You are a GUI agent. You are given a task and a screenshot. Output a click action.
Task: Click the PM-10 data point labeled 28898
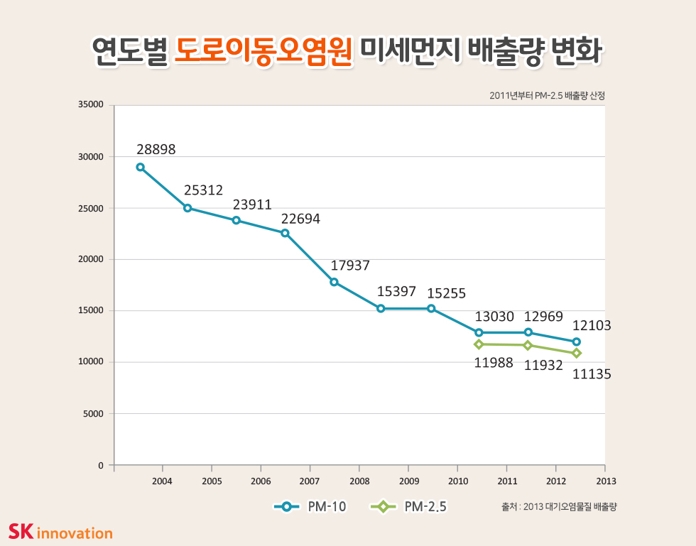pyautogui.click(x=141, y=168)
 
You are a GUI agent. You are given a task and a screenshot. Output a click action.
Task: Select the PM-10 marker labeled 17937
pyautogui.click(x=334, y=282)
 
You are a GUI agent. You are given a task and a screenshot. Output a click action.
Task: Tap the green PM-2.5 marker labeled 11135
pyautogui.click(x=577, y=353)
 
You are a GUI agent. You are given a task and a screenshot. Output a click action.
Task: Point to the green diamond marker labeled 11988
pyautogui.click(x=479, y=344)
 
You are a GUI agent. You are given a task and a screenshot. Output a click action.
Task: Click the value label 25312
pyautogui.click(x=203, y=190)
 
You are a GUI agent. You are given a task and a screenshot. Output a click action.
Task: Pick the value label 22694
pyautogui.click(x=300, y=219)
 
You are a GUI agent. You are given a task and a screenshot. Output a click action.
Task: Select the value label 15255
pyautogui.click(x=446, y=292)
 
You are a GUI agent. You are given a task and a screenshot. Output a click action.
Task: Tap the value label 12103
pyautogui.click(x=592, y=325)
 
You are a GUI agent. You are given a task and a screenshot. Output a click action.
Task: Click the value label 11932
pyautogui.click(x=543, y=366)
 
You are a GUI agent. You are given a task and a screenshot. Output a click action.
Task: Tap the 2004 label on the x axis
pyautogui.click(x=163, y=480)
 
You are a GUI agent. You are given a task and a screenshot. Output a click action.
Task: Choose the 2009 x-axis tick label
pyautogui.click(x=408, y=480)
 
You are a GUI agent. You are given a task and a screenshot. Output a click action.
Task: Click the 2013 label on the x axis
pyautogui.click(x=604, y=480)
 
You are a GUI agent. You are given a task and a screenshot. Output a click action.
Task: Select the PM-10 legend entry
pyautogui.click(x=311, y=507)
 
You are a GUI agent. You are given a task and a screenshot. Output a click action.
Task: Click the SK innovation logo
pyautogui.click(x=60, y=531)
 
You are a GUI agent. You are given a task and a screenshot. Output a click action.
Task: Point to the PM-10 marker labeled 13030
pyautogui.click(x=479, y=332)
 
